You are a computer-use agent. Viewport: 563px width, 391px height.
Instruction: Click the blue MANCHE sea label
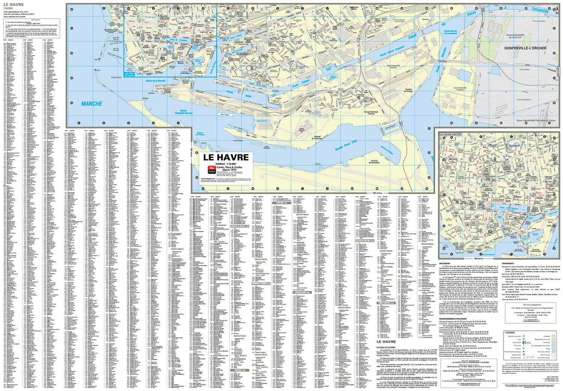92,104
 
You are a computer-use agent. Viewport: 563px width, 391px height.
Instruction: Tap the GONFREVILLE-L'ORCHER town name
525,48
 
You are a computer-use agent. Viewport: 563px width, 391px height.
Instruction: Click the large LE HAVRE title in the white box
226,157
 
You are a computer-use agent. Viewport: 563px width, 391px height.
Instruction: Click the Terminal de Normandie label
374,162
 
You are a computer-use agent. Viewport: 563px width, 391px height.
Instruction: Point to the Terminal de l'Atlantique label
312,138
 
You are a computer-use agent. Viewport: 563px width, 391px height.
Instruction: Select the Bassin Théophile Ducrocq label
184,112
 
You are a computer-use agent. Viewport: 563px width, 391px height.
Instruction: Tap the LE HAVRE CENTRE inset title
450,134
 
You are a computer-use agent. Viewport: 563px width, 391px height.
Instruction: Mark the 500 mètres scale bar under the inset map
478,258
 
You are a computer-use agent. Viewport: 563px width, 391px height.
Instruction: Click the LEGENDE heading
510,333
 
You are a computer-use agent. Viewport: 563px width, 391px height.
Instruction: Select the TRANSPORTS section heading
508,263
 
